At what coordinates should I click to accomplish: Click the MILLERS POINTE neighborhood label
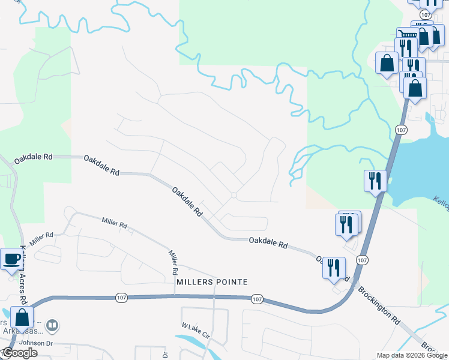pos(212,281)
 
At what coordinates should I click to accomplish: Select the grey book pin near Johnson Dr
pos(53,326)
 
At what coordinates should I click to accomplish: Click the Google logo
pos(20,353)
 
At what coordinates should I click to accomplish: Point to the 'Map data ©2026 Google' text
pos(411,355)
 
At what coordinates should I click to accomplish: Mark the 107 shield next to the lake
pos(400,129)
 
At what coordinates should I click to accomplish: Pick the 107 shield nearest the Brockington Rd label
pos(361,259)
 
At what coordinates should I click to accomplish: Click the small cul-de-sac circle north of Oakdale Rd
pos(234,196)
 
